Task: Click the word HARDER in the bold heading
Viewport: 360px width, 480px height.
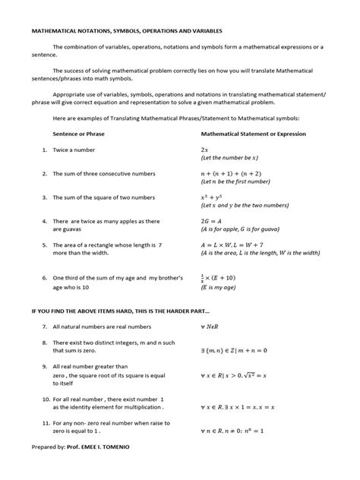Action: [161, 310]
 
